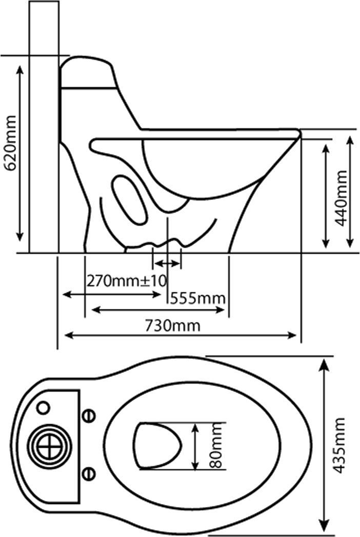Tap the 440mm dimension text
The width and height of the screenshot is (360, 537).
click(341, 198)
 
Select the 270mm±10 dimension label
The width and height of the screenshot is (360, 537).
click(126, 281)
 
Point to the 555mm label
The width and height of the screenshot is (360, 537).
click(198, 298)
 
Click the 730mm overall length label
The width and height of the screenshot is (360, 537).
click(172, 325)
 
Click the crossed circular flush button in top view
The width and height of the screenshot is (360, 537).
click(50, 446)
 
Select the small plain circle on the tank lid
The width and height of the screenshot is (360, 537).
click(44, 407)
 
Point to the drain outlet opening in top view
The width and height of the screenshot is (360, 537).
click(157, 446)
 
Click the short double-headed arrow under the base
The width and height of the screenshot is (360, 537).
click(167, 264)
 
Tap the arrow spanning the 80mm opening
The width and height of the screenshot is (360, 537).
click(195, 446)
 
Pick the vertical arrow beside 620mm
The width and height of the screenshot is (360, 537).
click(20, 153)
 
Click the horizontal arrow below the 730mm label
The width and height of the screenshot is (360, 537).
click(181, 335)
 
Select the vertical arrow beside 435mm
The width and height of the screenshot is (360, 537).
click(324, 445)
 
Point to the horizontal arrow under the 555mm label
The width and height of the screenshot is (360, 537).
click(158, 310)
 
